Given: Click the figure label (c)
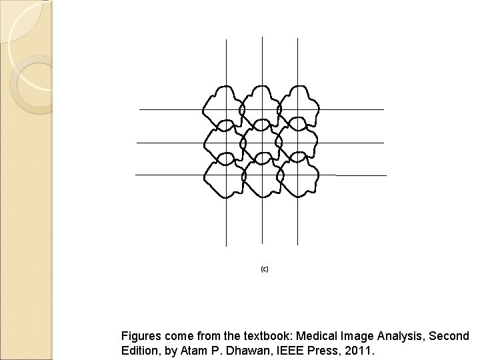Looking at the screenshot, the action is click(x=264, y=269).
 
